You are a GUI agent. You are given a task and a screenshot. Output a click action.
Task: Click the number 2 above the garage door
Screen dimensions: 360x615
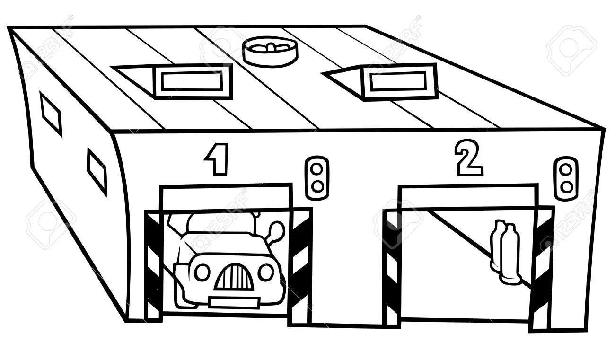468,158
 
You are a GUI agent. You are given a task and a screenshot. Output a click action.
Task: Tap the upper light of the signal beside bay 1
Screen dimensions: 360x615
317,169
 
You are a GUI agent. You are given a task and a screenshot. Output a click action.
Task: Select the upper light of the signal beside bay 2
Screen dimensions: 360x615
566,169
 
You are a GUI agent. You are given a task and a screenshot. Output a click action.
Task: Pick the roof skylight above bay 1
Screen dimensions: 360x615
191,81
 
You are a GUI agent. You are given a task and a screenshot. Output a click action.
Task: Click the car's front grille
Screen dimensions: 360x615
234,278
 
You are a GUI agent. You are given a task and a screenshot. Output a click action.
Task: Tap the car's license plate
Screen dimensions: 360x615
234,302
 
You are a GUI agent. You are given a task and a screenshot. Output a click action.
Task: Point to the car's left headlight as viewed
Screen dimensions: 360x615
202,272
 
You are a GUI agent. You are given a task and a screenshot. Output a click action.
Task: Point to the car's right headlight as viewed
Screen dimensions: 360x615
266,272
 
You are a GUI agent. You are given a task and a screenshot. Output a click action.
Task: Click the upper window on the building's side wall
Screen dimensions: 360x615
51,114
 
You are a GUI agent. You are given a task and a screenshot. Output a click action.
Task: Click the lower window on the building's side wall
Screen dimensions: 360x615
97,171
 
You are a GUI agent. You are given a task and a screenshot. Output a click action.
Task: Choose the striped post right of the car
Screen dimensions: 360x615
299,267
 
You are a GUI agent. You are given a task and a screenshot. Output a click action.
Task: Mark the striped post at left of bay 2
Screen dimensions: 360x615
392,267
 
